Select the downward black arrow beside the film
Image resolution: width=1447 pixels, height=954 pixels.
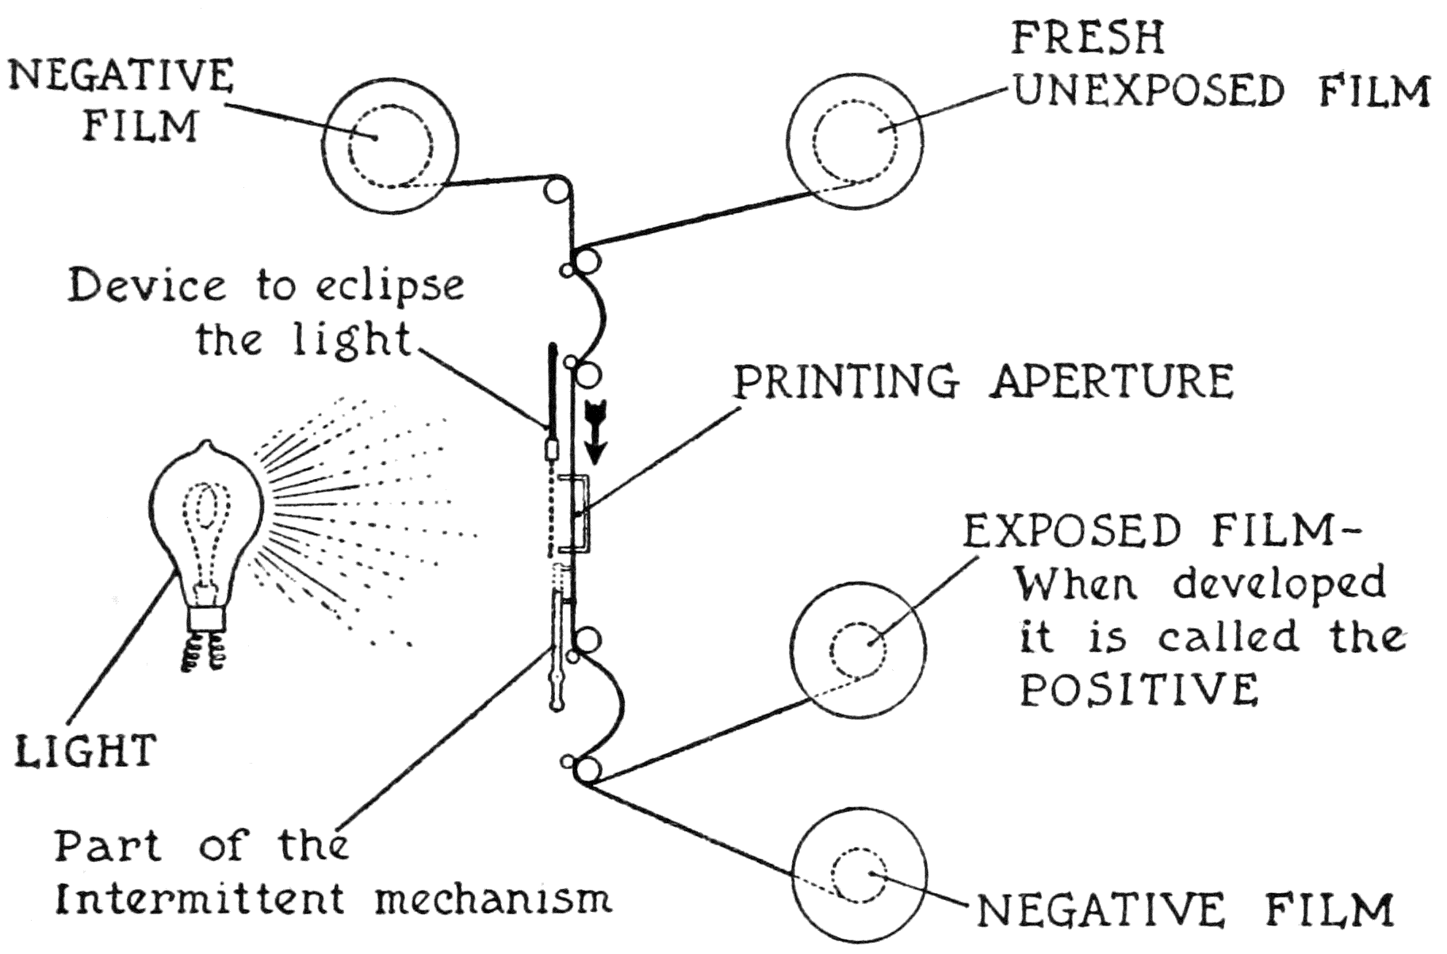point(595,433)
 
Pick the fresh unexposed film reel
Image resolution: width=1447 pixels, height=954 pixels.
point(855,144)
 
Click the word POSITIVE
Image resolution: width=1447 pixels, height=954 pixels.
point(1139,689)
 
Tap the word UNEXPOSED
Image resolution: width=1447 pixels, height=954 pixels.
point(1148,90)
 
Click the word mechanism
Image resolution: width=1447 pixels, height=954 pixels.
point(492,899)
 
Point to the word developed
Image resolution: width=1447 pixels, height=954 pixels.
point(1279,585)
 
